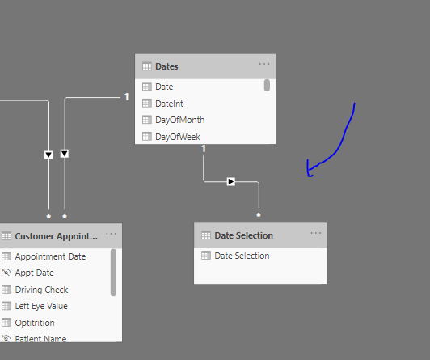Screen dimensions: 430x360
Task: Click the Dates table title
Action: click(167, 66)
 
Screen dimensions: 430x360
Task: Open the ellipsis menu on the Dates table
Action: click(264, 64)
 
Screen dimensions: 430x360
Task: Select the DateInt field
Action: click(169, 104)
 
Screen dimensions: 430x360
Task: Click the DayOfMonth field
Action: click(179, 120)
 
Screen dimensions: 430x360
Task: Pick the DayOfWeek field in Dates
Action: click(178, 137)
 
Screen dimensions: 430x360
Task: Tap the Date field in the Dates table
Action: click(164, 87)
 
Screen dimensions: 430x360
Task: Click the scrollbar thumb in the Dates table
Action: click(267, 85)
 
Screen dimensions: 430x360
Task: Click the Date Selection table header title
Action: click(243, 235)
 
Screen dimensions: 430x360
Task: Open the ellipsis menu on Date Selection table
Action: click(316, 233)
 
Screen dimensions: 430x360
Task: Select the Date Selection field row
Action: click(242, 256)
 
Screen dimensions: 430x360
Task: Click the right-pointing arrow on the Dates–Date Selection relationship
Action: click(231, 182)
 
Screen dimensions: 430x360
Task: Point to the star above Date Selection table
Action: click(259, 215)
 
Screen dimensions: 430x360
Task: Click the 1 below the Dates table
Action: click(204, 149)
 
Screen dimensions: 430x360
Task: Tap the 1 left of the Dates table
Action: click(126, 96)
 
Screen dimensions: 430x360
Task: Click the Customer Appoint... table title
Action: click(57, 236)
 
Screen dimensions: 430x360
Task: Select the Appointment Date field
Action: click(50, 256)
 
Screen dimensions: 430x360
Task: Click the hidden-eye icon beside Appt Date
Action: click(6, 273)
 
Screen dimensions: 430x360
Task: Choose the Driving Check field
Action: click(41, 290)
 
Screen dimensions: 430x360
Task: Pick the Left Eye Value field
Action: click(41, 306)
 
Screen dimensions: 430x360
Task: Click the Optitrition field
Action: click(35, 323)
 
